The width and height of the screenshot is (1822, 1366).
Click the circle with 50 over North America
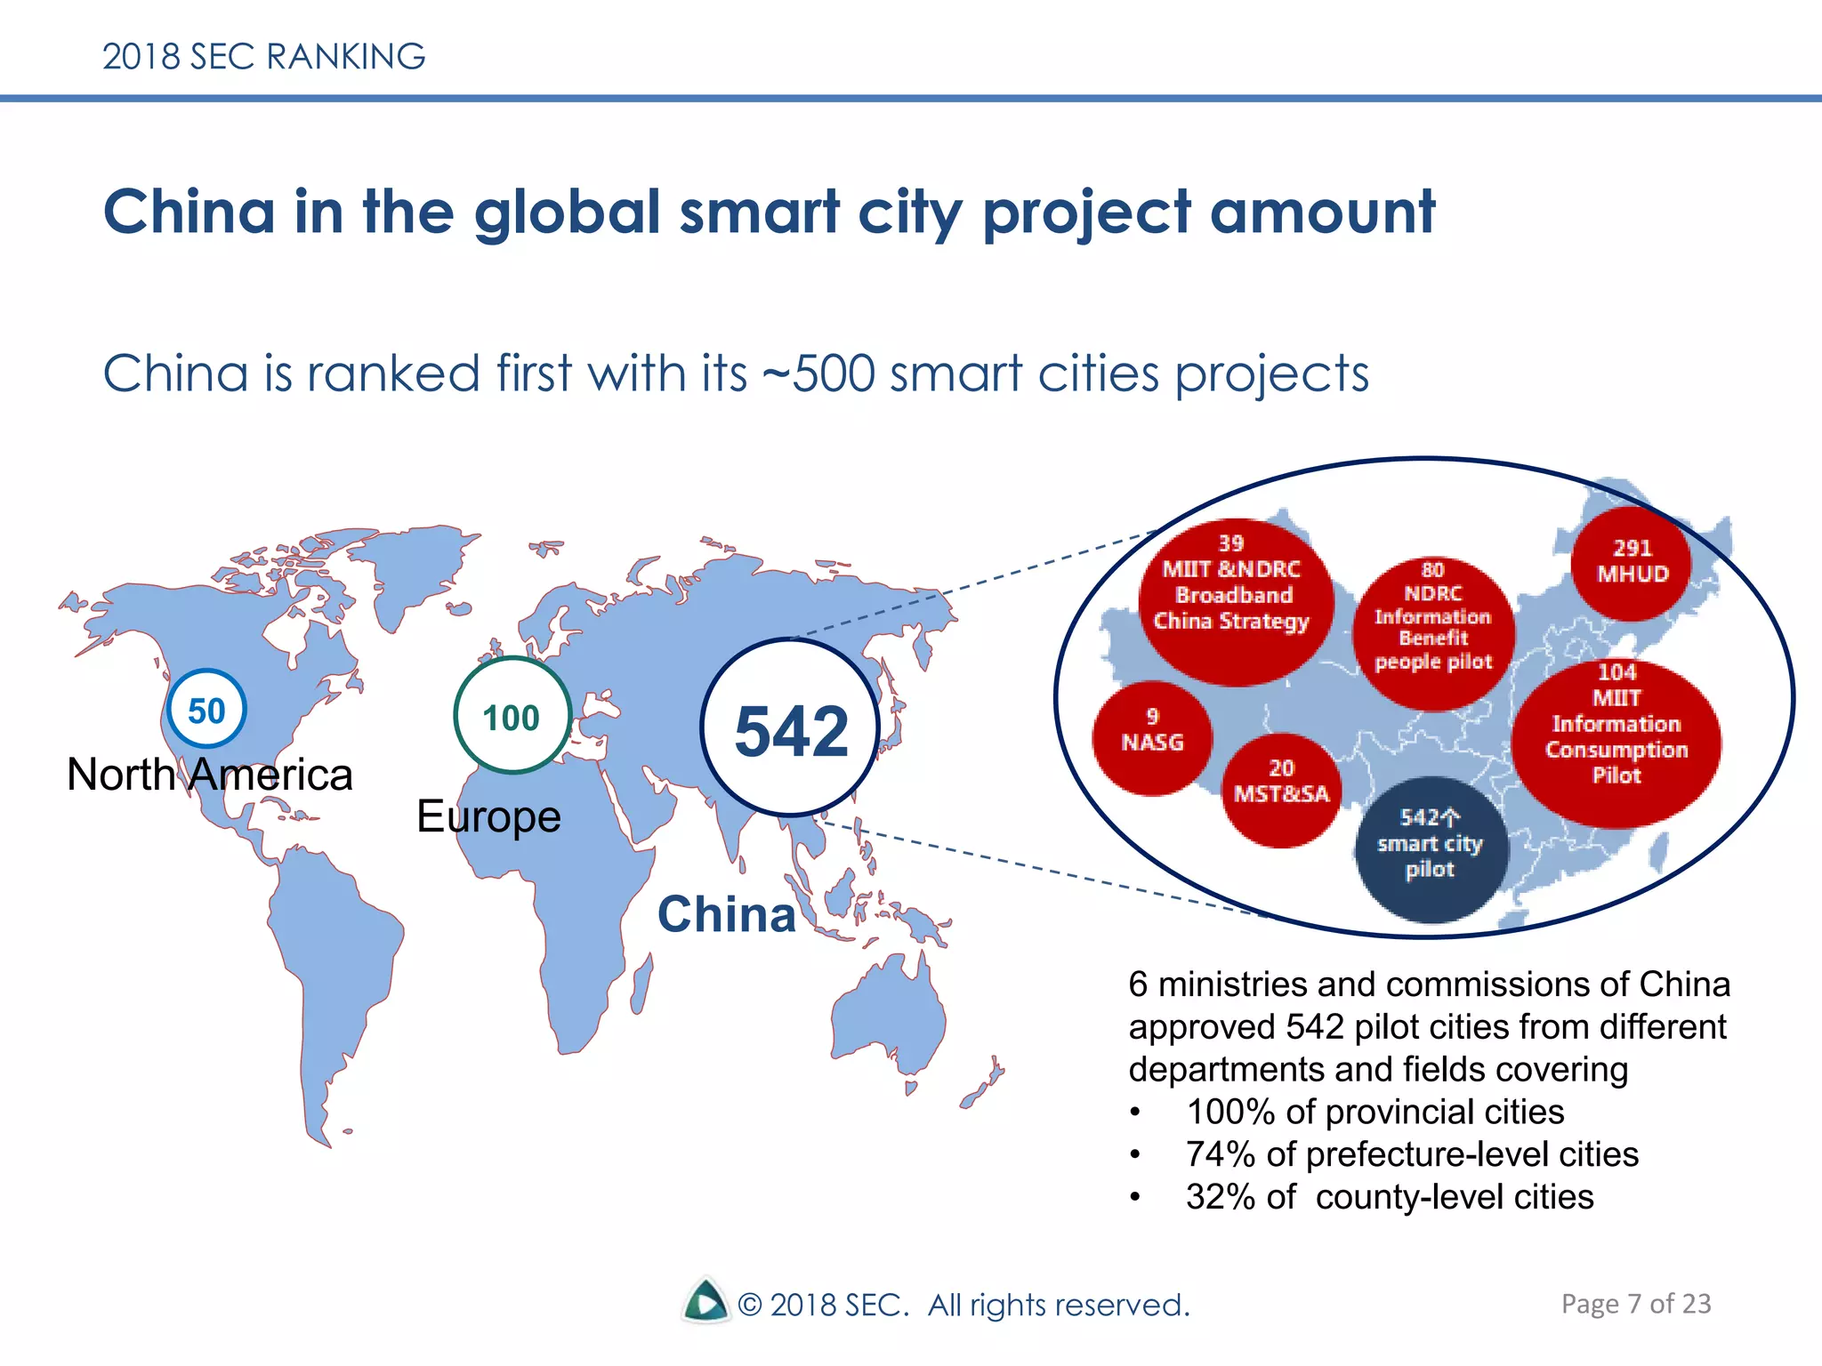206,709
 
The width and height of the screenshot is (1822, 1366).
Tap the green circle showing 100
512,715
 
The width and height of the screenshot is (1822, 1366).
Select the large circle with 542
790,727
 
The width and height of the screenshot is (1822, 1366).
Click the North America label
210,775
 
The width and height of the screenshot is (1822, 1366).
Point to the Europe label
488,816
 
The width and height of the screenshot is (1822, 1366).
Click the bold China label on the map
727,914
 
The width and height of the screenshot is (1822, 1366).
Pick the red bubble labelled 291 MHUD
1631,562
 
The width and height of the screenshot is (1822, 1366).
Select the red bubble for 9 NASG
1152,737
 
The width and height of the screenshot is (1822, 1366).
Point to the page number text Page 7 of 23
1635,1304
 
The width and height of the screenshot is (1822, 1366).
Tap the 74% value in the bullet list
1219,1154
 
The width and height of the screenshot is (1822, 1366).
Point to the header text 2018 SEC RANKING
263,57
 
